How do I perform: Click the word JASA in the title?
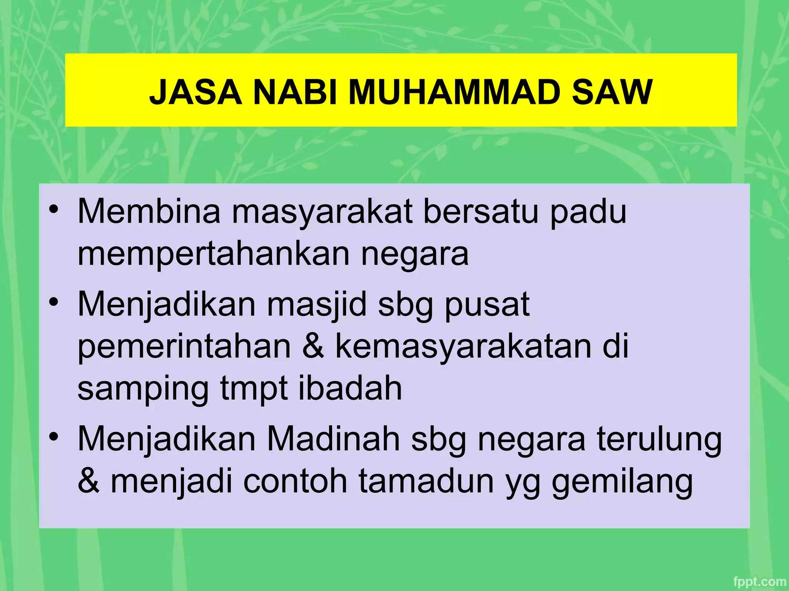pyautogui.click(x=195, y=92)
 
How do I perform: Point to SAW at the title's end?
pyautogui.click(x=612, y=92)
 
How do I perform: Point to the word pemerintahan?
pyautogui.click(x=184, y=346)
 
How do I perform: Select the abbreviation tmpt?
pyautogui.click(x=254, y=389)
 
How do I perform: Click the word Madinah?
pyautogui.click(x=334, y=439)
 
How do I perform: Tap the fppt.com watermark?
pyautogui.click(x=759, y=581)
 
